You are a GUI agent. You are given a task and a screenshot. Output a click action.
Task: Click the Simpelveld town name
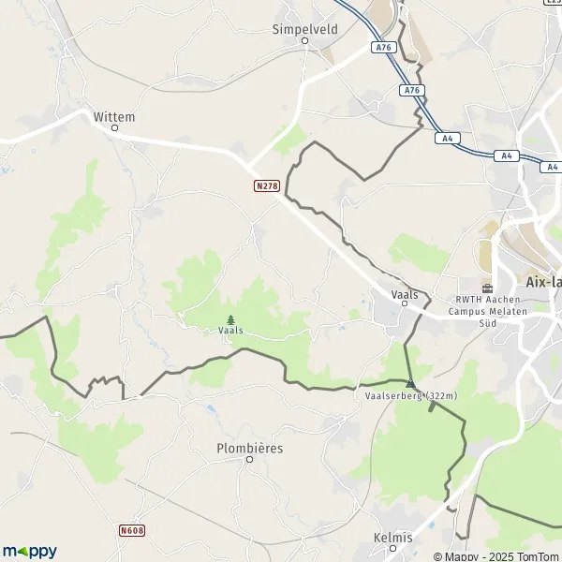(x=304, y=29)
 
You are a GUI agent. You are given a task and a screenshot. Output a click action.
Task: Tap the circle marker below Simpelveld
(x=304, y=41)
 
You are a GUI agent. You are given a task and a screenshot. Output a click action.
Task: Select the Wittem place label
(x=114, y=116)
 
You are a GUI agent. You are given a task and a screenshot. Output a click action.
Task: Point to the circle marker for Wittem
(x=114, y=128)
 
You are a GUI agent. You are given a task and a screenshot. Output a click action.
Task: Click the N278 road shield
(x=267, y=186)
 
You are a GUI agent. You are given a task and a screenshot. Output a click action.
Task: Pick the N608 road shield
(x=132, y=531)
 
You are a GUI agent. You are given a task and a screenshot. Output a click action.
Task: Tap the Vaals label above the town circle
(x=405, y=293)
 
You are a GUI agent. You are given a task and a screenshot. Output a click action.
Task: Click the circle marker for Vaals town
(x=405, y=303)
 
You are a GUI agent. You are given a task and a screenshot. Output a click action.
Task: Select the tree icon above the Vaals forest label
(x=230, y=319)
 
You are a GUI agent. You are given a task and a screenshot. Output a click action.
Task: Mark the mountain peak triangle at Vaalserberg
(x=410, y=383)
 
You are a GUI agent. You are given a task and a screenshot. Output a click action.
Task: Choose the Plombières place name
(x=249, y=448)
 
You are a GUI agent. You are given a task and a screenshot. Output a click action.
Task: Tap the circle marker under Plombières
(x=249, y=459)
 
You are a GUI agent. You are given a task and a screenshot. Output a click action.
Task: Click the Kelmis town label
(x=392, y=537)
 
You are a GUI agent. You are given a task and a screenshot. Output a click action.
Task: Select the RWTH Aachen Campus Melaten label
(x=487, y=311)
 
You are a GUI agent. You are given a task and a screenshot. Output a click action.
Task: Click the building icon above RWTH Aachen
(x=487, y=288)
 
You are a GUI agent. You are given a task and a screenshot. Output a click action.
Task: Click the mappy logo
(x=29, y=551)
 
